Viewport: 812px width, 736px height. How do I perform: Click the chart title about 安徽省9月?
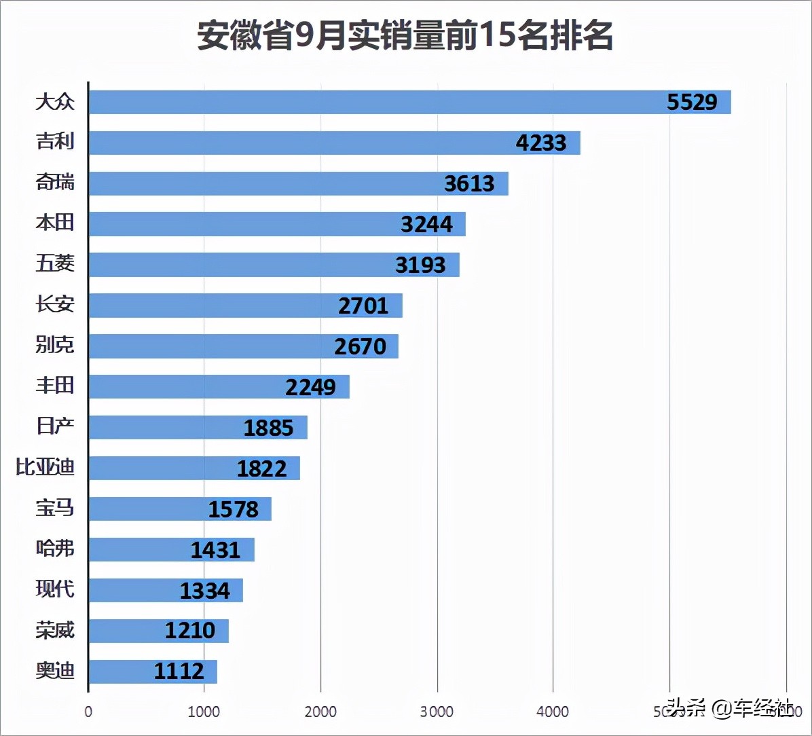[x=405, y=35]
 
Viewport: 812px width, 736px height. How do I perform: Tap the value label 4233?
[x=540, y=143]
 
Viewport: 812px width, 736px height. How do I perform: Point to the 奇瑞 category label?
[x=55, y=183]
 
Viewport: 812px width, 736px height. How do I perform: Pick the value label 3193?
[x=420, y=265]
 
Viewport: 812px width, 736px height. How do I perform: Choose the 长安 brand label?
[x=55, y=305]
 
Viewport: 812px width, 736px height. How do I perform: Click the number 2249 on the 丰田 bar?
[x=310, y=387]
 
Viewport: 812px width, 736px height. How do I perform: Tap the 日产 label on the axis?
[x=55, y=427]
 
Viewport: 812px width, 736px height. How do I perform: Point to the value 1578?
[x=233, y=509]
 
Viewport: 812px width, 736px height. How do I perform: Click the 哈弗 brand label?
[x=55, y=549]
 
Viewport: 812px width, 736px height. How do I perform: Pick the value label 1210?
[x=189, y=631]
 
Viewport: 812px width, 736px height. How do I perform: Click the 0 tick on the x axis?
[x=88, y=712]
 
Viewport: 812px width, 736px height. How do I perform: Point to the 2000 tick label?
[x=320, y=712]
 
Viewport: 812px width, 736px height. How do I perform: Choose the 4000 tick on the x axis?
[x=553, y=712]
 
